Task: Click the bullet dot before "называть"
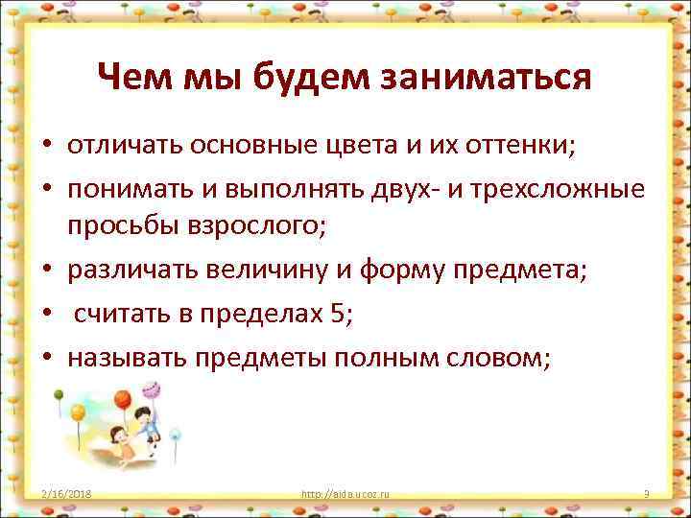pyautogui.click(x=45, y=357)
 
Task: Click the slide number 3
pyautogui.click(x=647, y=494)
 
